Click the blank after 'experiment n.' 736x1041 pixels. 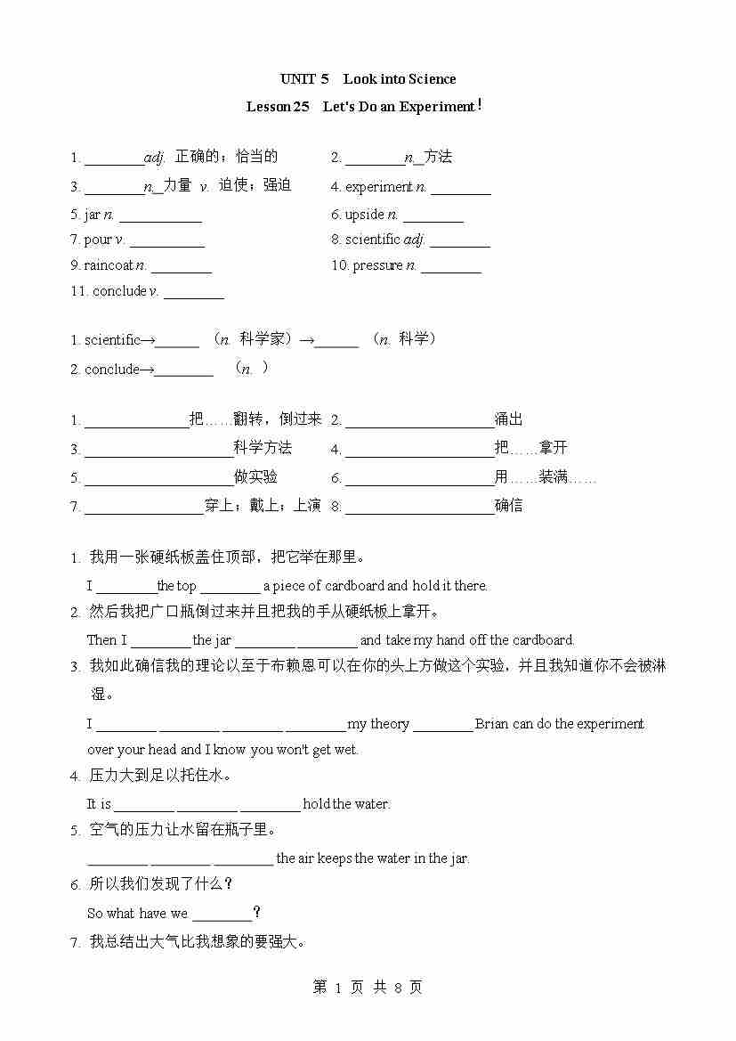click(x=460, y=189)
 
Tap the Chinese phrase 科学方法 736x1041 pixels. click(x=263, y=448)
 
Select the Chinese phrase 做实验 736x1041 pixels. click(x=255, y=477)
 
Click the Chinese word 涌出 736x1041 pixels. click(x=509, y=419)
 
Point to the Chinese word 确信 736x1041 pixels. click(x=509, y=506)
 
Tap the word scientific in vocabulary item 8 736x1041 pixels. click(x=373, y=240)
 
